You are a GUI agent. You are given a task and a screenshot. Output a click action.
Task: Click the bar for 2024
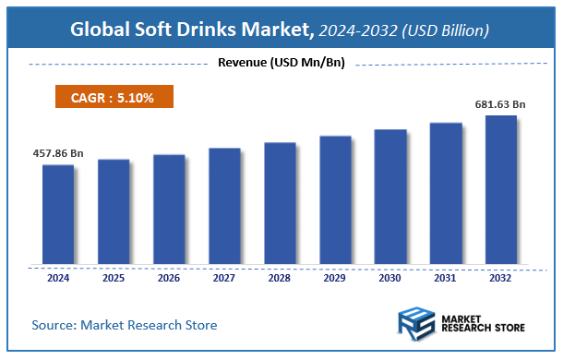(58, 214)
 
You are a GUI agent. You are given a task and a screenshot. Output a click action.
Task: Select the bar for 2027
(224, 206)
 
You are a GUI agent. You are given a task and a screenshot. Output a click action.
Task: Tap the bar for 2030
(390, 197)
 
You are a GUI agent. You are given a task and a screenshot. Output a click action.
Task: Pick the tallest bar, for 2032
(501, 190)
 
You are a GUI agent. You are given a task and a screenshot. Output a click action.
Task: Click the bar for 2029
(335, 200)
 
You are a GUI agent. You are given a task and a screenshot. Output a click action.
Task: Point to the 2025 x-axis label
(114, 276)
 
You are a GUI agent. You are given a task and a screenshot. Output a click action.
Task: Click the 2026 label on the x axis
(169, 276)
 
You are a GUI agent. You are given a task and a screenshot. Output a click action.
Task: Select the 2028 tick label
(280, 276)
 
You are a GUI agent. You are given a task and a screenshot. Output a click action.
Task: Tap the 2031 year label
(446, 276)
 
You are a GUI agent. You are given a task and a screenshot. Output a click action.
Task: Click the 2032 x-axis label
(501, 276)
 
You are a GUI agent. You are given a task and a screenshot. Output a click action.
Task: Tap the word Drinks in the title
(220, 30)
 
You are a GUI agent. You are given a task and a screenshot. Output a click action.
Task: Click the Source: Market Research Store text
(124, 325)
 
